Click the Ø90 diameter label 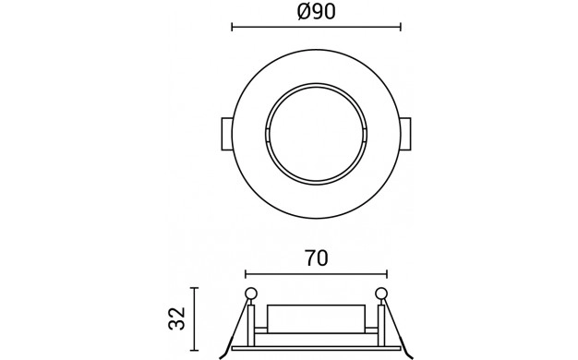(x=317, y=11)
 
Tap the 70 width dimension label (x=317, y=258)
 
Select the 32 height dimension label (x=176, y=318)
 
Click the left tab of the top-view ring (x=227, y=134)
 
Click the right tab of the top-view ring (x=405, y=134)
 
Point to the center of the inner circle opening (x=316, y=134)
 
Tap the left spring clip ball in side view (x=250, y=294)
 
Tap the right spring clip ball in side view (x=381, y=294)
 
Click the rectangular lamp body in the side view (x=316, y=318)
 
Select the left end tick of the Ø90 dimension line (x=232, y=27)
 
